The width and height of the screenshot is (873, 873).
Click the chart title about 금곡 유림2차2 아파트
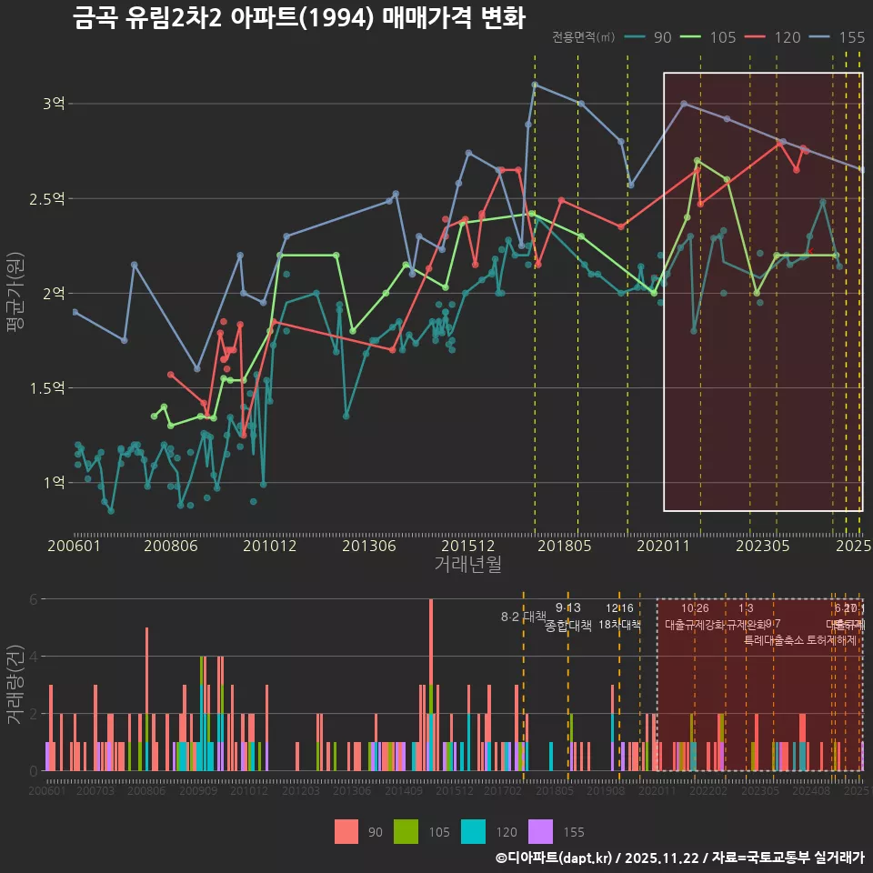point(299,18)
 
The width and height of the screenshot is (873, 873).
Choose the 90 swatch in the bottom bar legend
point(346,831)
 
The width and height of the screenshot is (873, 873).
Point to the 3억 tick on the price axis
point(53,104)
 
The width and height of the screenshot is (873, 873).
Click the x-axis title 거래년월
point(467,565)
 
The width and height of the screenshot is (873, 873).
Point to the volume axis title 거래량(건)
point(15,685)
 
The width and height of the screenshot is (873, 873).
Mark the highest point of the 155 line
point(535,85)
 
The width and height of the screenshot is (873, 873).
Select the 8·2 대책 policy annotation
point(523,617)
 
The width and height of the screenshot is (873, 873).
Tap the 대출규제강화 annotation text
point(695,626)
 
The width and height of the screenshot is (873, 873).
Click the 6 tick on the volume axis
point(34,599)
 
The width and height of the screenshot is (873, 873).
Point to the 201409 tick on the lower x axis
point(403,792)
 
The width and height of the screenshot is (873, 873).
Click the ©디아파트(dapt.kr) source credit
point(556,858)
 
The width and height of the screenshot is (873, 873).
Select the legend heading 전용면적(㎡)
point(583,37)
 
